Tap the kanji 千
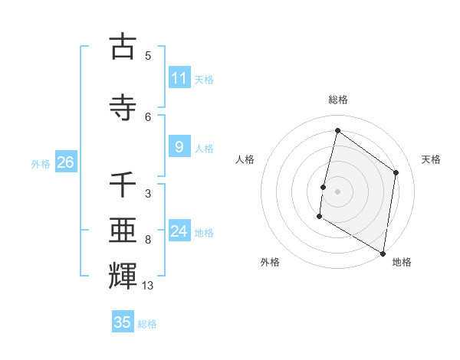click(123, 185)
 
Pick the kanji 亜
click(123, 230)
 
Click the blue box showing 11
click(179, 77)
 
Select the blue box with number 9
click(179, 147)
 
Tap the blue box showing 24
click(179, 231)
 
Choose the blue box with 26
click(65, 162)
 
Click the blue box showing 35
click(123, 322)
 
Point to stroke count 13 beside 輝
click(148, 286)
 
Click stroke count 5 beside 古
click(148, 55)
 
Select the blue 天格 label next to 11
click(203, 79)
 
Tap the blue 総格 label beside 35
click(147, 324)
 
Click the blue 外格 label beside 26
click(40, 163)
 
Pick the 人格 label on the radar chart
click(245, 159)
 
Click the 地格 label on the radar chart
click(402, 262)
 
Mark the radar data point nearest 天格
click(396, 172)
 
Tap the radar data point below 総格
click(337, 131)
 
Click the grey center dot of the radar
click(337, 191)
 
